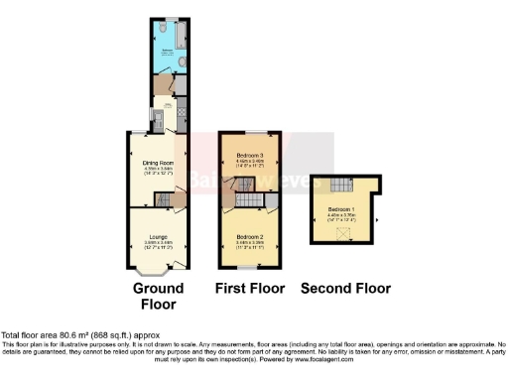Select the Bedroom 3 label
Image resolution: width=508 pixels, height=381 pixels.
coord(250,156)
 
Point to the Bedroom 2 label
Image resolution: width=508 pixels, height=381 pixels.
coord(250,237)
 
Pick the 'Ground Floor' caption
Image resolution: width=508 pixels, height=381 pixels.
coord(159,296)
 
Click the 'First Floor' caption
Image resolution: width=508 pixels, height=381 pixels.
coord(250,289)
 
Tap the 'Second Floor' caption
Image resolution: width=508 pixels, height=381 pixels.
coord(344,289)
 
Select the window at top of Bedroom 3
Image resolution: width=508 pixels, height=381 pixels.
coord(250,131)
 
